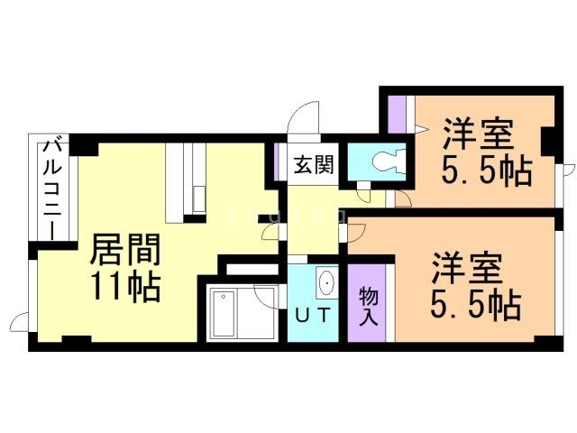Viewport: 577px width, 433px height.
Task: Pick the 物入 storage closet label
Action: coord(369,306)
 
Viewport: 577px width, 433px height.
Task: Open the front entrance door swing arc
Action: coord(306,117)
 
